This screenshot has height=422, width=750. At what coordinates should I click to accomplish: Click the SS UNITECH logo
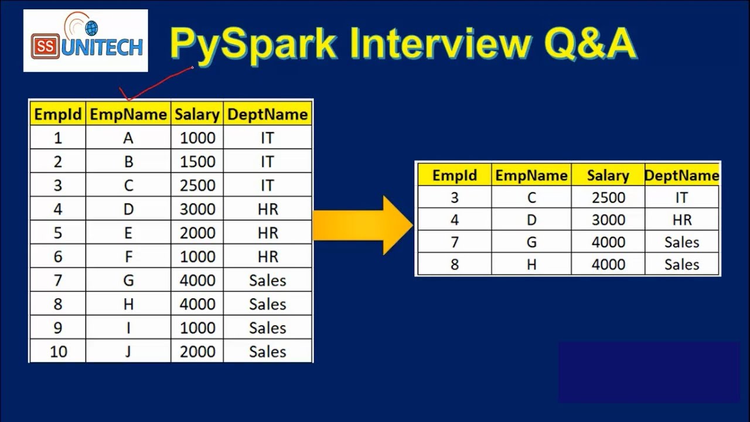(86, 41)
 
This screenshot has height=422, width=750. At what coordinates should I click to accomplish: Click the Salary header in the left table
(197, 114)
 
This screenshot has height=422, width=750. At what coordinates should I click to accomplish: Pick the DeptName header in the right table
(681, 175)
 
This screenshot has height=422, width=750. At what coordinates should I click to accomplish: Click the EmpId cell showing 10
(58, 352)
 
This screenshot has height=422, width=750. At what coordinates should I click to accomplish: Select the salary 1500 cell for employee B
(197, 162)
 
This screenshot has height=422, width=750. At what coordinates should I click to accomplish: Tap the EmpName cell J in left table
(128, 352)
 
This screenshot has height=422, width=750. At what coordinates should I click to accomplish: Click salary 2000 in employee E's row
(197, 233)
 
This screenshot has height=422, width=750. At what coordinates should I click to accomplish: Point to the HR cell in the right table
(681, 220)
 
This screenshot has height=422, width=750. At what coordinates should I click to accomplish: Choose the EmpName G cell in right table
(531, 242)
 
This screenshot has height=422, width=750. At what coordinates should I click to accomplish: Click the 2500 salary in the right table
(608, 198)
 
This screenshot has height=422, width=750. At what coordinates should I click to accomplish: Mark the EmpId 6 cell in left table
(58, 257)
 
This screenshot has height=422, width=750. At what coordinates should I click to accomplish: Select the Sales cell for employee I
(267, 328)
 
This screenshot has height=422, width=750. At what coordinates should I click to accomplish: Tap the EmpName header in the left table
(128, 114)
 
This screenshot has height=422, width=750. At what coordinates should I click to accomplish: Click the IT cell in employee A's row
(267, 138)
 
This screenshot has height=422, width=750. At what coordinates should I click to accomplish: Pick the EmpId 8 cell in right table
(455, 264)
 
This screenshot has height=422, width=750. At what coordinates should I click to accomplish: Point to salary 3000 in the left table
(197, 209)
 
